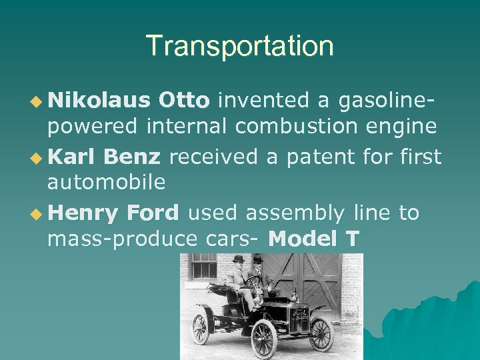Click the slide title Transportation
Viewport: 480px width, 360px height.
[240, 46]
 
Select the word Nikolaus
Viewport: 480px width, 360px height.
[99, 100]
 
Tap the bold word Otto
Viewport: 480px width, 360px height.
[184, 100]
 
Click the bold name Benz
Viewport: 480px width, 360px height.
[132, 157]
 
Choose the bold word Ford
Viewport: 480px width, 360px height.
[153, 213]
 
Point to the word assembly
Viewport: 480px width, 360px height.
[295, 213]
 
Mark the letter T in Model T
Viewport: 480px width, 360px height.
[351, 237]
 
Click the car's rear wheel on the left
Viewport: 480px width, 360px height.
[200, 328]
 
